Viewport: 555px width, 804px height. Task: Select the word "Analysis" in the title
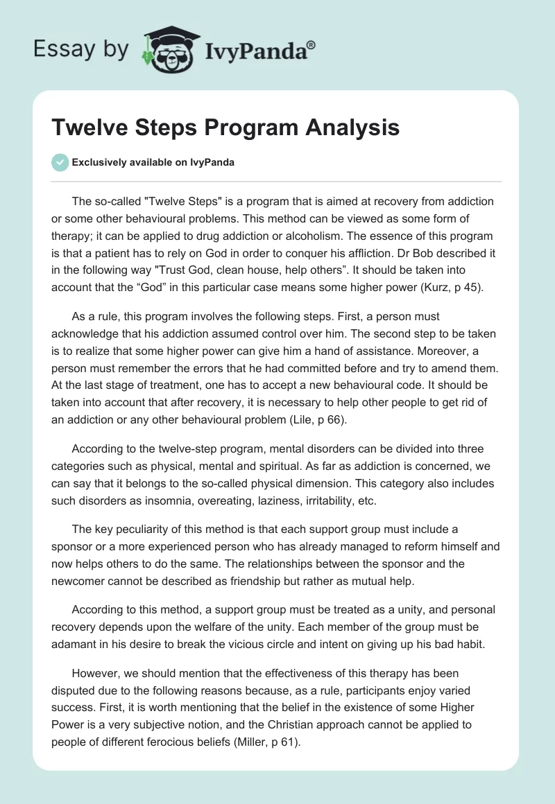click(352, 128)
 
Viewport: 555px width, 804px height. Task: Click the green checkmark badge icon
click(60, 163)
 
